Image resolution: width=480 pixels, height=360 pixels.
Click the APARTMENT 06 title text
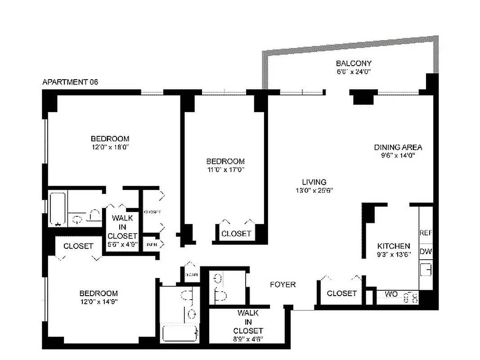70,82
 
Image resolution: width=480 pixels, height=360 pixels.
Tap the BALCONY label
354,63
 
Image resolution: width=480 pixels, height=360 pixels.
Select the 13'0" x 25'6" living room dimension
314,190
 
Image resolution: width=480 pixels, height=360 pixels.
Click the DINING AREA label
398,147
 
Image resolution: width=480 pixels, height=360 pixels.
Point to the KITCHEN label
394,246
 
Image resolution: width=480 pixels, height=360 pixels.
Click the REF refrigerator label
426,233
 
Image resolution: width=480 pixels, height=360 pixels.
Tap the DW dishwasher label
426,252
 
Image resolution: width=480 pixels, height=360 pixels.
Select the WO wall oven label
391,294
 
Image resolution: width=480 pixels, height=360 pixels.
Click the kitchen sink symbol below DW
426,270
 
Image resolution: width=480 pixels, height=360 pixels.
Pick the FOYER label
283,284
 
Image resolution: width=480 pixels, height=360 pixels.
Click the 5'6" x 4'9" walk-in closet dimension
122,245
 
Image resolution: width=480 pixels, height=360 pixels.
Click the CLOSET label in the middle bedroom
236,234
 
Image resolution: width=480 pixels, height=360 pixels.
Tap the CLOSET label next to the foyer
342,293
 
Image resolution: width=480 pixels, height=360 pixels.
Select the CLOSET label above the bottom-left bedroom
78,246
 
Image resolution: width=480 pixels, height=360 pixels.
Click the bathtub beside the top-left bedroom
57,209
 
